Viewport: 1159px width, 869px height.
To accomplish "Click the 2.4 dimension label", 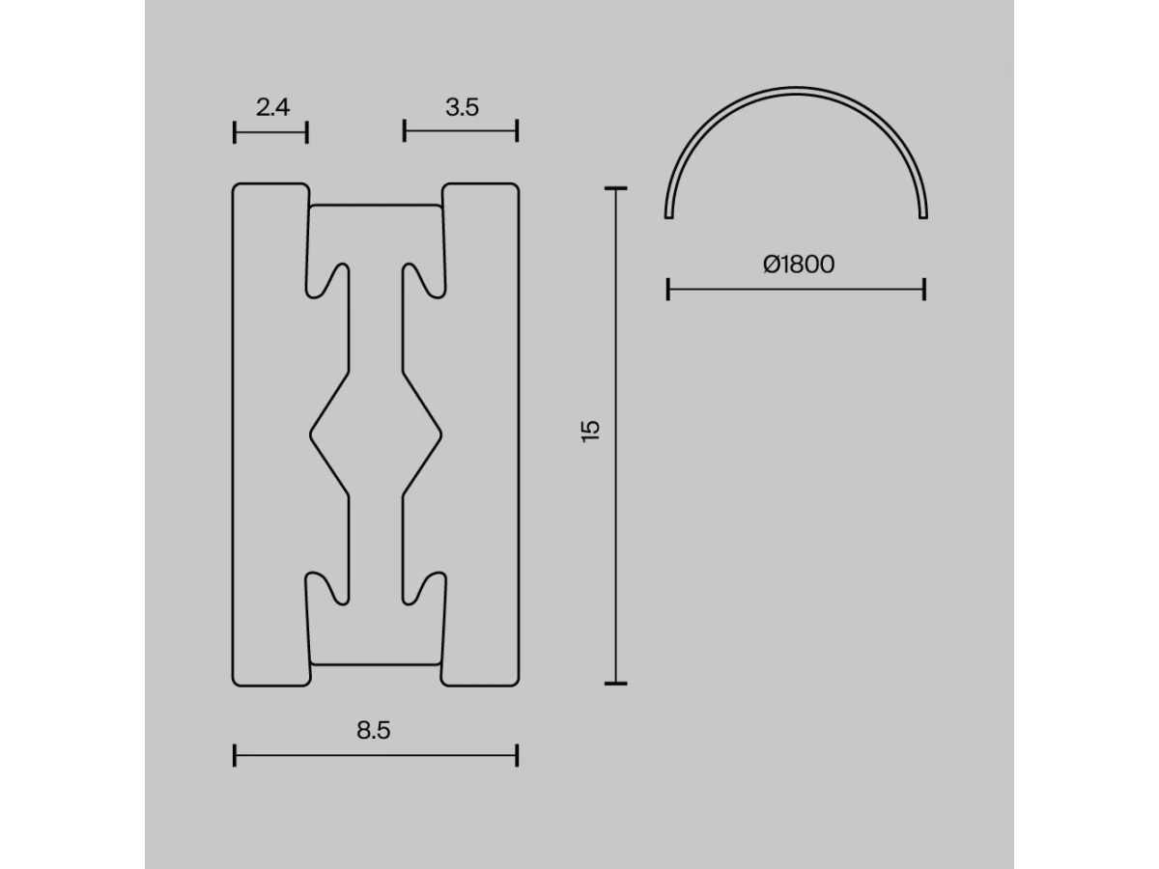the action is coord(272,107).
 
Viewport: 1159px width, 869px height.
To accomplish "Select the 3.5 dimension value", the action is coord(462,107).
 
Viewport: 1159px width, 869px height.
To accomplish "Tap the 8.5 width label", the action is coord(374,730).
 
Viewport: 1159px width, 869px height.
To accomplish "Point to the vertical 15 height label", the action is coord(591,432).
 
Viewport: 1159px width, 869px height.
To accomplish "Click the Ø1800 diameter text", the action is coord(799,265).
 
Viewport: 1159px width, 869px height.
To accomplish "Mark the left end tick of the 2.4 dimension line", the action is coord(235,132).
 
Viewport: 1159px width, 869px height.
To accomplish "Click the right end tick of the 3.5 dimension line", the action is coord(517,131).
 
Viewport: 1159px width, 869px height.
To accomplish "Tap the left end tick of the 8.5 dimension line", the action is coord(235,756).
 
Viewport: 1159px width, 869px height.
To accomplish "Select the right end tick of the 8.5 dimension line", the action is coord(517,756).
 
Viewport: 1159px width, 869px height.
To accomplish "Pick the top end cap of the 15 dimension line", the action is coord(615,188).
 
